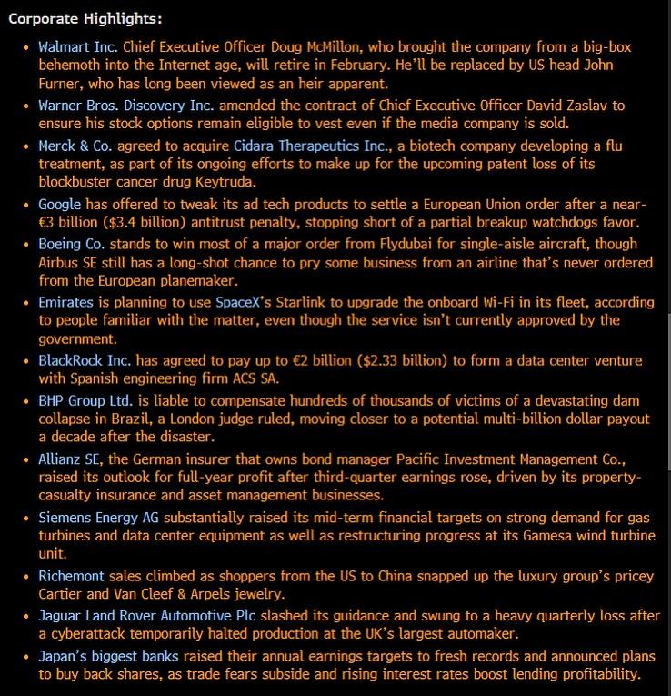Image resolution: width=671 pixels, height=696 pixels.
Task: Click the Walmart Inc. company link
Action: (78, 46)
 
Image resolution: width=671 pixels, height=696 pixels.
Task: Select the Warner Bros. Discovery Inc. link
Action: (126, 106)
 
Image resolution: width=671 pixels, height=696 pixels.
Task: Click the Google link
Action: (60, 205)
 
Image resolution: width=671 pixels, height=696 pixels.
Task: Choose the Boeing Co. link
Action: (72, 244)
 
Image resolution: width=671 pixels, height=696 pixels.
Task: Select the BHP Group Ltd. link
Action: (85, 400)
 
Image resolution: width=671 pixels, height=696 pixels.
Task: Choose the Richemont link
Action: (71, 576)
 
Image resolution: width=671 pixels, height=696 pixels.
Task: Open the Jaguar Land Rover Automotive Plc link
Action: (149, 616)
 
